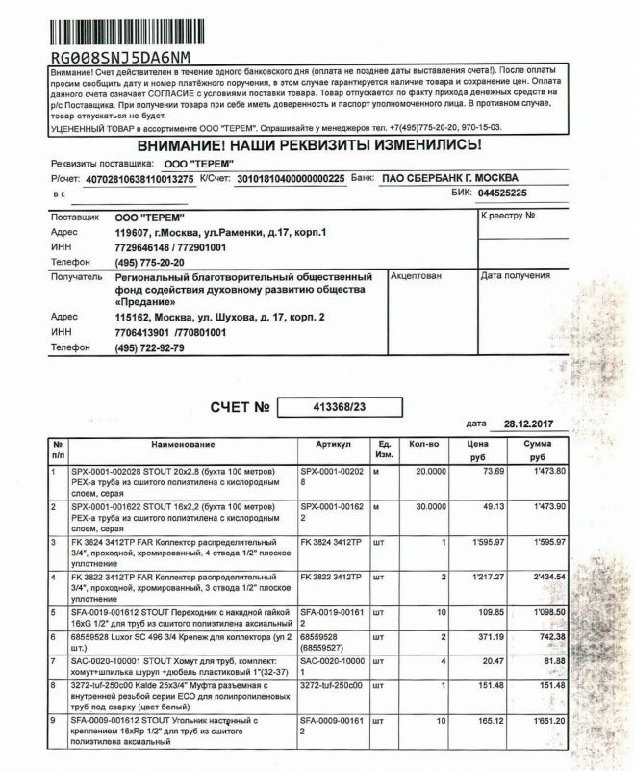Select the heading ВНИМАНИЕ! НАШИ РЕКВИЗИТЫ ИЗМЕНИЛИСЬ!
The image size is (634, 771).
pos(309,144)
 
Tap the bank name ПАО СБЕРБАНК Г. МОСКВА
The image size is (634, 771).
pos(449,178)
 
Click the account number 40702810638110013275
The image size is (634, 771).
pos(140,179)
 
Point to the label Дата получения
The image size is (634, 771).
pos(515,276)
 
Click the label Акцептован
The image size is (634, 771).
pos(417,276)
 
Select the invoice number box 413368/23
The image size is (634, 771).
pos(341,408)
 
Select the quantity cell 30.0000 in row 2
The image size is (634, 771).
pos(429,507)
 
